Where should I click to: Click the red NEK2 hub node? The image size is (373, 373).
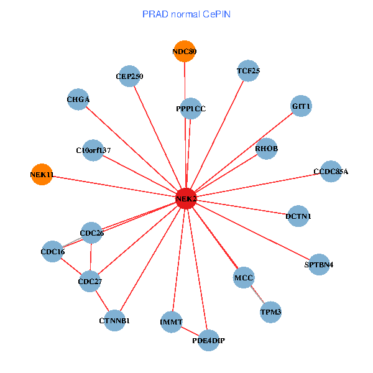point(186,199)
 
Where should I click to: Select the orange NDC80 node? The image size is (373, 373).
point(185,52)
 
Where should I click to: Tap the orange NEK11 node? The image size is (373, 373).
point(42,175)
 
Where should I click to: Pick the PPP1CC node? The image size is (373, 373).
point(191,109)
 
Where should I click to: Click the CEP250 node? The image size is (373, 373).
point(129,76)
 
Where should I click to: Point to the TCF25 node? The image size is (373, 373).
point(248,71)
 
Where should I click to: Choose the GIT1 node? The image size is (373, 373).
point(301,106)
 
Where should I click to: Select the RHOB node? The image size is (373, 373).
point(266,149)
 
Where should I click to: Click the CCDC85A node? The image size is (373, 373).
point(331,171)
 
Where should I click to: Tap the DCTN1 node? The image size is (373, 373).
point(298,216)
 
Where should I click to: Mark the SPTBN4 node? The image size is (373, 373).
point(319,264)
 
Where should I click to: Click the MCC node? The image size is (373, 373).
point(244,277)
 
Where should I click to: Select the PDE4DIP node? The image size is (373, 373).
point(208,340)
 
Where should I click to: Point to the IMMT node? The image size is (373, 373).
point(171,321)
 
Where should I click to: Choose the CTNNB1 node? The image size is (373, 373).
point(114,321)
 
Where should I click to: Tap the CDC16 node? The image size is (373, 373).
point(53,252)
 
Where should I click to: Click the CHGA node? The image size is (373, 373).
point(78,99)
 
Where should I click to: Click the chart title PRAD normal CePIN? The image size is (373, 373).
point(186,14)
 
